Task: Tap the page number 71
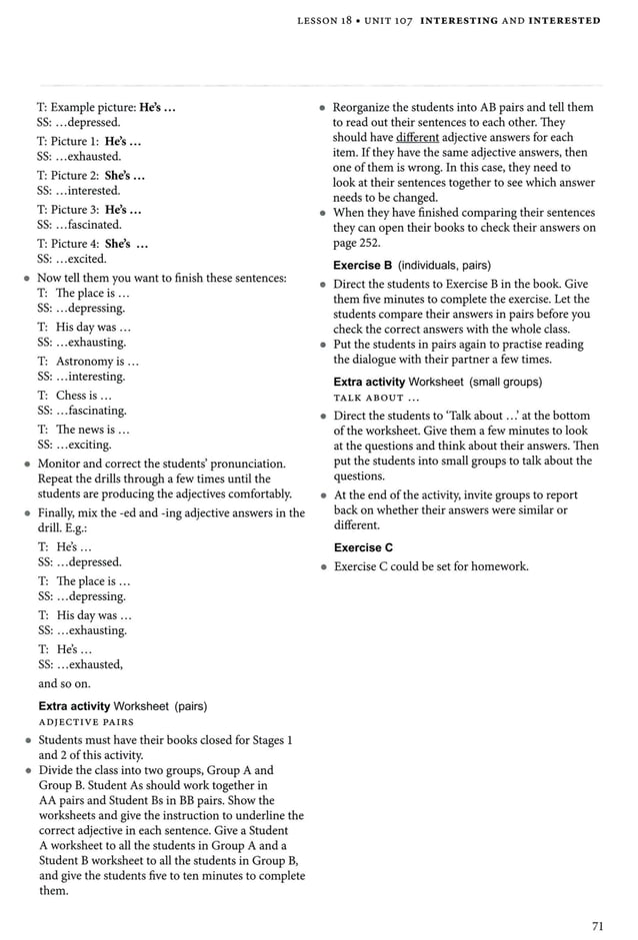click(597, 926)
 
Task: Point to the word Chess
click(74, 395)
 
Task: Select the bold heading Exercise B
click(362, 265)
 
